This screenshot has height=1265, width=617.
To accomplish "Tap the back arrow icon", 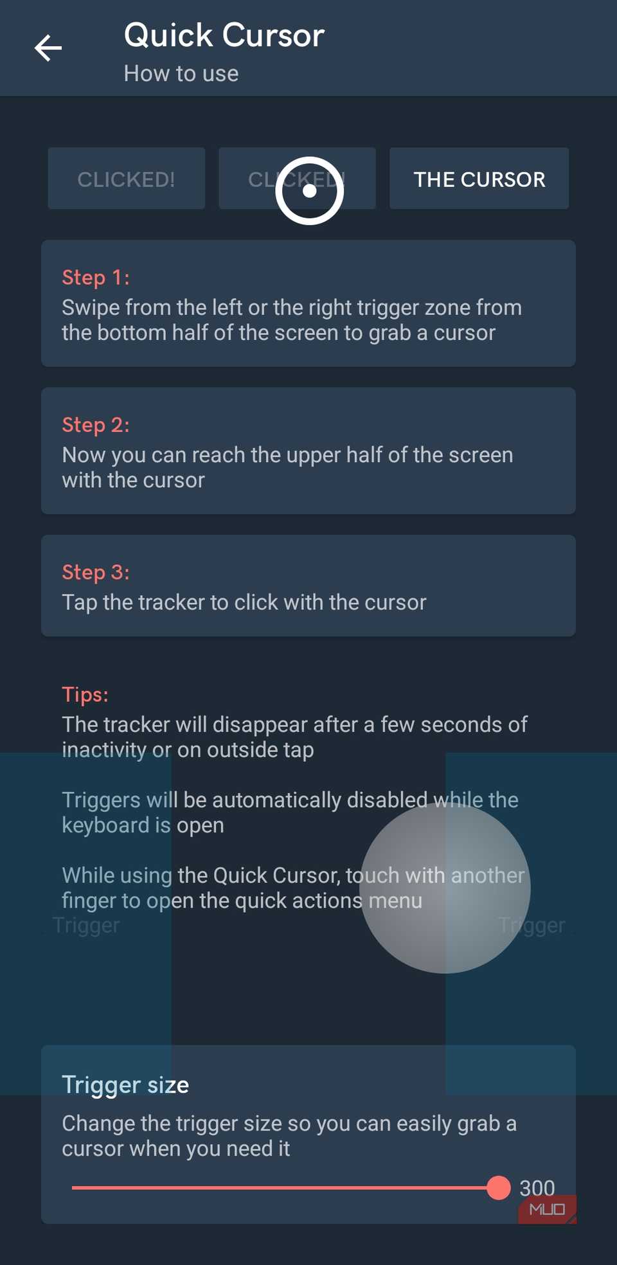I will point(48,48).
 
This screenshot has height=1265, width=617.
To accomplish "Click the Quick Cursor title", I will point(224,35).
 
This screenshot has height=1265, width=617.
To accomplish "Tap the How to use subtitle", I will point(181,74).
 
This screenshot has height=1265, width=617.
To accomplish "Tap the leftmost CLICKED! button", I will point(126,179).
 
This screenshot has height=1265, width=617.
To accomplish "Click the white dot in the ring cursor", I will point(309,191).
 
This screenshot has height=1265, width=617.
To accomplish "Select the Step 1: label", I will point(95,278).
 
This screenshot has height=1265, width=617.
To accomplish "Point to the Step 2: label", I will point(95,425).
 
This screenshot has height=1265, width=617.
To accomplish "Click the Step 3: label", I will point(95,572).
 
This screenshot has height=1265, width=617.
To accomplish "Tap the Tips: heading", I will point(85,694).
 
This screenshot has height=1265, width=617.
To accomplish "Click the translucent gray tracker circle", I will point(445,888).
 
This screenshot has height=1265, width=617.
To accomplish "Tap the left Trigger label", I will point(86,925).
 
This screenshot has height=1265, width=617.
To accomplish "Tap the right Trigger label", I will point(532,925).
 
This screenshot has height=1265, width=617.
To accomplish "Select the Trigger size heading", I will point(125,1085).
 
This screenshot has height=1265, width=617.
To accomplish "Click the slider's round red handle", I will point(498,1188).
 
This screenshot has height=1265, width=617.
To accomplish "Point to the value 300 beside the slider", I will point(537,1187).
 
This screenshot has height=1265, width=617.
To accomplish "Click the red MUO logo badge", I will point(547,1210).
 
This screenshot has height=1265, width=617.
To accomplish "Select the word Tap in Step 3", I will point(79,603).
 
